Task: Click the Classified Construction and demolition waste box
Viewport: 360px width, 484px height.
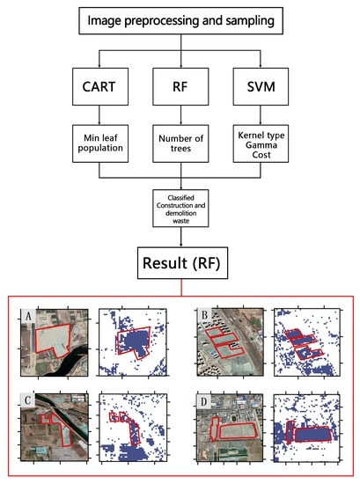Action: [180, 211]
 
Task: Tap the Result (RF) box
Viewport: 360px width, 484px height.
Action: [180, 262]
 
